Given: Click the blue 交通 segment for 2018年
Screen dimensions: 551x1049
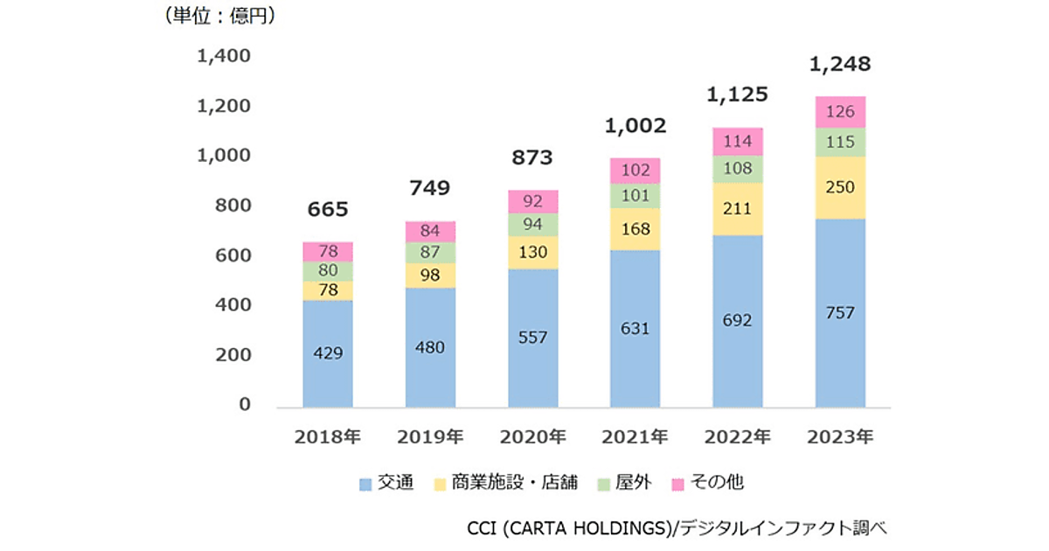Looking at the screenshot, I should pyautogui.click(x=328, y=353).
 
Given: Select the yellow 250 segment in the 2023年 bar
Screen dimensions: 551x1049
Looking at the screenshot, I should pyautogui.click(x=840, y=188).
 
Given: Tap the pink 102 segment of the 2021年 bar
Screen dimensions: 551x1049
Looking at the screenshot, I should pyautogui.click(x=636, y=171).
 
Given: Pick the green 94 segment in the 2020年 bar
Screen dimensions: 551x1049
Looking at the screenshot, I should pyautogui.click(x=533, y=225).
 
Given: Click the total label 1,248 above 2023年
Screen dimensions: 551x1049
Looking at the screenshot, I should pyautogui.click(x=840, y=64).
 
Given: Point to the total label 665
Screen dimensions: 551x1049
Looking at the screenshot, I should pyautogui.click(x=328, y=209).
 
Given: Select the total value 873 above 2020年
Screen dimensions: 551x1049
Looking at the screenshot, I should pyautogui.click(x=532, y=157).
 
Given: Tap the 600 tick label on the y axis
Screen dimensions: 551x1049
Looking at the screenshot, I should pyautogui.click(x=233, y=256).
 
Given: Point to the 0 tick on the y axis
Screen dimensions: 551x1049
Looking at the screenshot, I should pyautogui.click(x=245, y=405).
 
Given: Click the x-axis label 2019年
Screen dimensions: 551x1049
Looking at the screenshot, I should pyautogui.click(x=430, y=436).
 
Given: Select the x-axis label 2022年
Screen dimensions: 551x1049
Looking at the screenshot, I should pyautogui.click(x=738, y=436).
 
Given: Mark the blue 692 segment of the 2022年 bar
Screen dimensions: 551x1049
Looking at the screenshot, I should pyautogui.click(x=738, y=320).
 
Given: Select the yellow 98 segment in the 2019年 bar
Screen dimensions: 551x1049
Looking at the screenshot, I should pyautogui.click(x=430, y=275).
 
